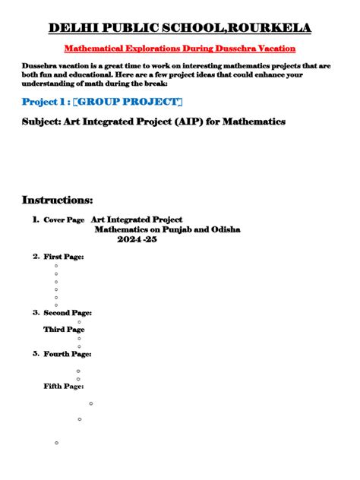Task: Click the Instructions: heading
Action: pyautogui.click(x=58, y=200)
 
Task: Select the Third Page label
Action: pyautogui.click(x=64, y=330)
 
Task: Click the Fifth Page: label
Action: pyautogui.click(x=64, y=387)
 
